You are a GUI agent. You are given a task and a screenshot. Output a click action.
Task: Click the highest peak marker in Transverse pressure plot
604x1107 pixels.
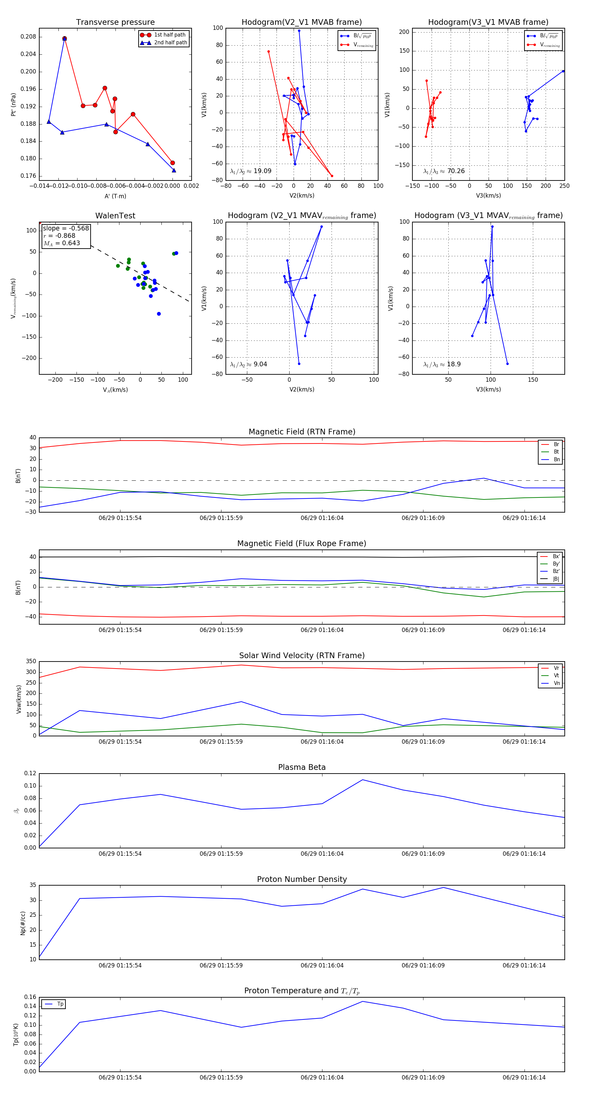64,39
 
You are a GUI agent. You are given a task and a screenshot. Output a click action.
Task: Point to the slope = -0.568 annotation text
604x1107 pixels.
66,228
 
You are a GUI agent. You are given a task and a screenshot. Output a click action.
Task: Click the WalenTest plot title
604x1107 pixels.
115,216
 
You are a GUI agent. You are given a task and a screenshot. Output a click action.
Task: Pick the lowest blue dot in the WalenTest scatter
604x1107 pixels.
159,314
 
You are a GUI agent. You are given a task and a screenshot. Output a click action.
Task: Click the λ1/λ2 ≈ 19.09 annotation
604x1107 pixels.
251,171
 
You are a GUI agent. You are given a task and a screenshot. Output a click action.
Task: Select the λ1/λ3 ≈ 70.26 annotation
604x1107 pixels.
444,171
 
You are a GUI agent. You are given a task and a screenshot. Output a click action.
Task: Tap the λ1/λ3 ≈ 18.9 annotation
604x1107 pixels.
442,364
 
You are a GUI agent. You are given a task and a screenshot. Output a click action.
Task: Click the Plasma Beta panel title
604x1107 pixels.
302,767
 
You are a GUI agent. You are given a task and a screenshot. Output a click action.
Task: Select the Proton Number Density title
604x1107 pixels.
302,879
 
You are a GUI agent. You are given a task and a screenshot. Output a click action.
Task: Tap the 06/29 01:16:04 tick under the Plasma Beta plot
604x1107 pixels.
322,853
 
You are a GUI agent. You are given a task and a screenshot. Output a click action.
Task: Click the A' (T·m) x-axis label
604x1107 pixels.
115,196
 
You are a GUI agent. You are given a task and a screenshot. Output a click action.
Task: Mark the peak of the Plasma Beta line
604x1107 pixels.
362,780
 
